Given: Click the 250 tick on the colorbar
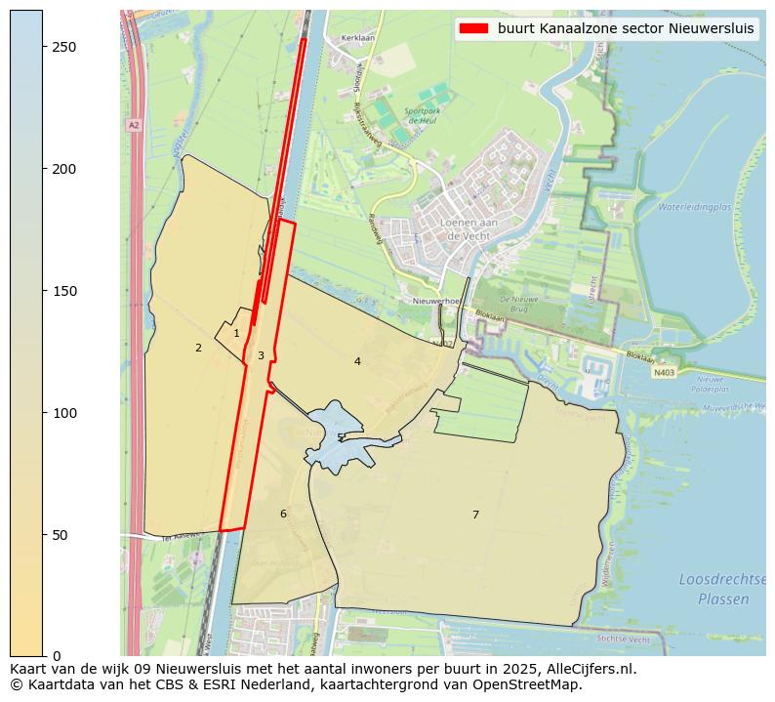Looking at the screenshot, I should point(43,48).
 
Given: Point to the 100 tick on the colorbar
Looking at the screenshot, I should point(43,413).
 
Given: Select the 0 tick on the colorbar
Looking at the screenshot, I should point(43,656).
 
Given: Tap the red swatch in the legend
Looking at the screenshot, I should point(473,28).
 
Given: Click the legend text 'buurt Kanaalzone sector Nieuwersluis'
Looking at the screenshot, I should point(625,28).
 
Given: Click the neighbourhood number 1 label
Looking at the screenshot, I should point(236,334).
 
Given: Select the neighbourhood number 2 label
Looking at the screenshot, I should point(198,348).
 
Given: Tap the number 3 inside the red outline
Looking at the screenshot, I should point(261,355).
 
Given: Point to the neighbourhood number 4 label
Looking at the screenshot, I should point(357,361).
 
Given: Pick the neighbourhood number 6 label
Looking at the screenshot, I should point(283,514).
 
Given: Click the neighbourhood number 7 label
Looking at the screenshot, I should point(475,515).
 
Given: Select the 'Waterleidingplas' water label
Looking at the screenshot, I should point(694,207).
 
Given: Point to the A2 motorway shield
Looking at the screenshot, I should point(133,125).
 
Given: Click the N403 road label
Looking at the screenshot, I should point(664,372).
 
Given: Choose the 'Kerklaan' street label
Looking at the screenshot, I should point(357,39).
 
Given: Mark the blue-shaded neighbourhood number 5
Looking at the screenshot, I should point(340,437).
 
